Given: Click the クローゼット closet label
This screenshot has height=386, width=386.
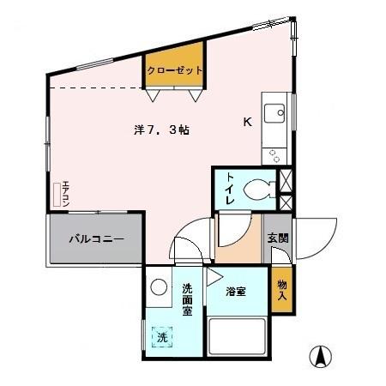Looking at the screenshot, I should pyautogui.click(x=175, y=70).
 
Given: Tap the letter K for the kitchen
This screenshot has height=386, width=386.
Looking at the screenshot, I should pyautogui.click(x=247, y=122).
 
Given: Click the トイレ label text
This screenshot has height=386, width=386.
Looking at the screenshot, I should pyautogui.click(x=230, y=188).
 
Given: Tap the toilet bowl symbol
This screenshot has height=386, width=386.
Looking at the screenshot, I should pyautogui.click(x=258, y=188).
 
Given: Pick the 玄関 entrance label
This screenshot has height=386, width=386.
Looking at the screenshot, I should pyautogui.click(x=276, y=238).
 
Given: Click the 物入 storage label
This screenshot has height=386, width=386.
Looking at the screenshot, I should pyautogui.click(x=281, y=290).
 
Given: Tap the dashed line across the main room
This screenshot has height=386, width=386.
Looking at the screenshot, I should pyautogui.click(x=94, y=88).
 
